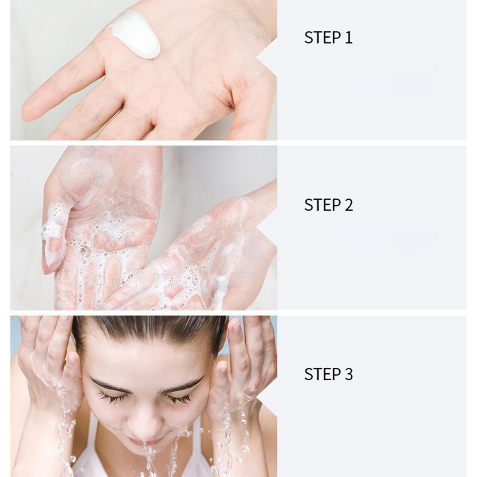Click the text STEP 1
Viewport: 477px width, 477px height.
[328, 38]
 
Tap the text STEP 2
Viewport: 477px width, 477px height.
[328, 205]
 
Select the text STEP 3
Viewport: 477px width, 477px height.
[328, 374]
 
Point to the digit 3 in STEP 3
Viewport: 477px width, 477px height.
[349, 374]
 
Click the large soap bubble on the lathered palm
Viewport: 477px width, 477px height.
[83, 251]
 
